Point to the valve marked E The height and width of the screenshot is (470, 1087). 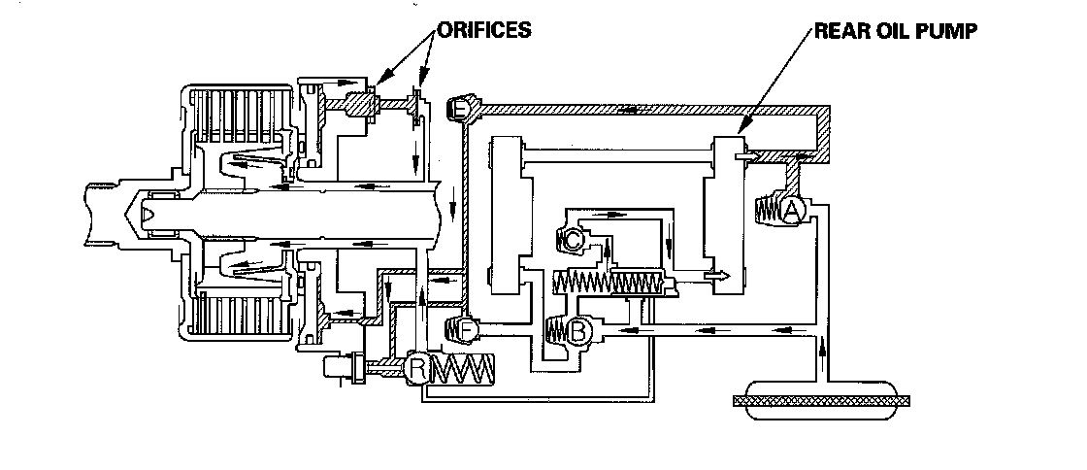click(x=460, y=111)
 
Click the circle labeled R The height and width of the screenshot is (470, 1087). click(x=417, y=368)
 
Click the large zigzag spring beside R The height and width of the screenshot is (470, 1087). click(x=462, y=369)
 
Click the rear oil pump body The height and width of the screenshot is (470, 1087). click(x=729, y=214)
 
